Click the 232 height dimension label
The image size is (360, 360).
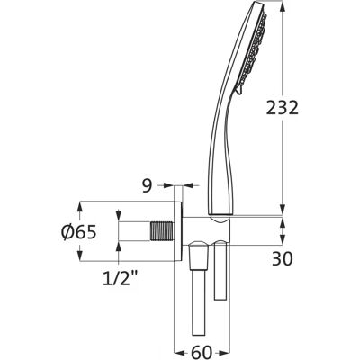(x=283, y=108)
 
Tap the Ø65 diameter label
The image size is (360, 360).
(x=79, y=232)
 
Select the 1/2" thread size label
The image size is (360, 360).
(x=120, y=278)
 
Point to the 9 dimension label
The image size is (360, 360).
(x=147, y=186)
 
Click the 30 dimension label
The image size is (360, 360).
(x=283, y=259)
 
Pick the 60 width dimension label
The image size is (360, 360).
(x=202, y=352)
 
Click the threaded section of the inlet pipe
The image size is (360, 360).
(x=162, y=231)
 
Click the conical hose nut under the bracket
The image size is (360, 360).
(x=199, y=256)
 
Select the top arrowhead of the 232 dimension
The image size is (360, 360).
(x=283, y=6)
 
